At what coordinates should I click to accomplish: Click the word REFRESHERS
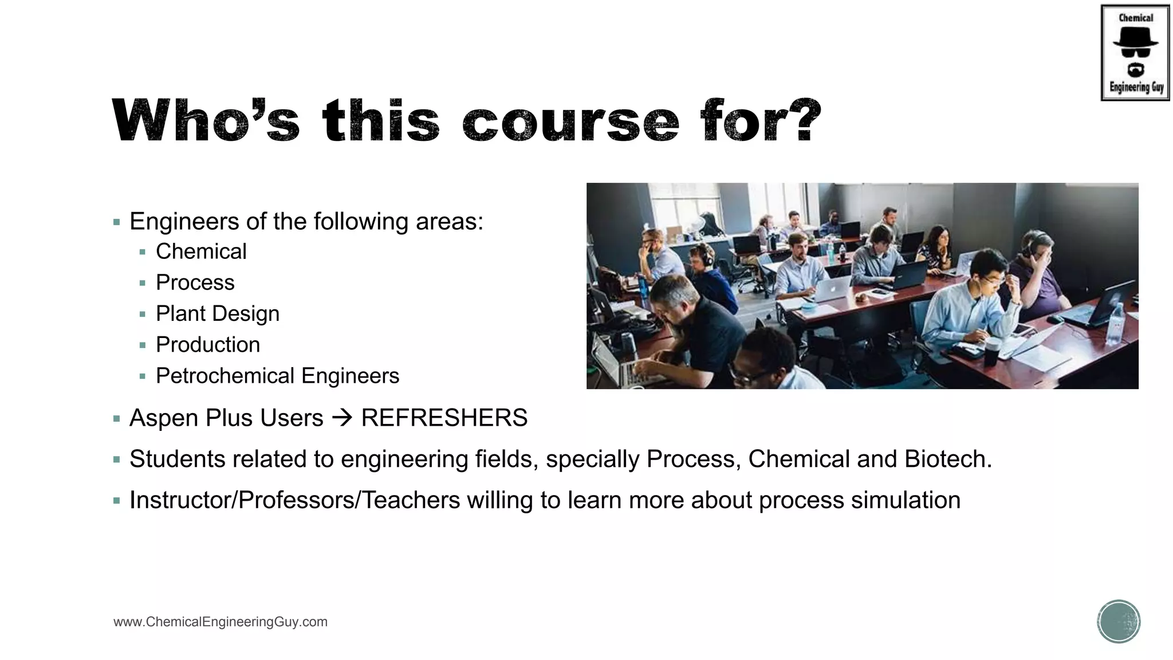444,418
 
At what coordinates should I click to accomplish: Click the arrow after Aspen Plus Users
343,418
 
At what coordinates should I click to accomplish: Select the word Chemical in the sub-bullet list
201,252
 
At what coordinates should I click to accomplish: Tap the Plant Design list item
218,314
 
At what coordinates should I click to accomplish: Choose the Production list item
208,345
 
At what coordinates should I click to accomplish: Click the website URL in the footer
221,622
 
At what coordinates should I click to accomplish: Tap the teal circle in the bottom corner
1119,622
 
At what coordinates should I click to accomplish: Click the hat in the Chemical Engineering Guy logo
1135,37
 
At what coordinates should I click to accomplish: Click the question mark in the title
802,120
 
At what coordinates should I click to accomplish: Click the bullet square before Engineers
117,222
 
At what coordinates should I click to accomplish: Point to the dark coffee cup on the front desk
991,350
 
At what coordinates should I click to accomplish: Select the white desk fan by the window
699,223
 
